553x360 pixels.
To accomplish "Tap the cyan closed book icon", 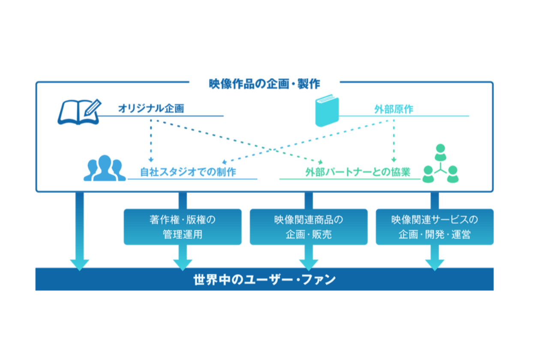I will [327, 111].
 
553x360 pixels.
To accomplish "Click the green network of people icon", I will [440, 164].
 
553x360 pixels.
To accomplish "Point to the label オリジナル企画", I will [151, 109].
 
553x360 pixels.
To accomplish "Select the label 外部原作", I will [394, 109].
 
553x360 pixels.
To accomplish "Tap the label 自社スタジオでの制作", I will [188, 172].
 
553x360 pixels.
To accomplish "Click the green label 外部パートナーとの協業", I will [358, 172].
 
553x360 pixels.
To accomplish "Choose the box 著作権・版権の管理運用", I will [183, 227].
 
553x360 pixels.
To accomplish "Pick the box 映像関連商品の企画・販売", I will [309, 227].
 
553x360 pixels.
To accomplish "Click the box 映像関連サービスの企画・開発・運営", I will [435, 227].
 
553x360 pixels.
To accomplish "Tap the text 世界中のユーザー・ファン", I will [264, 280].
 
